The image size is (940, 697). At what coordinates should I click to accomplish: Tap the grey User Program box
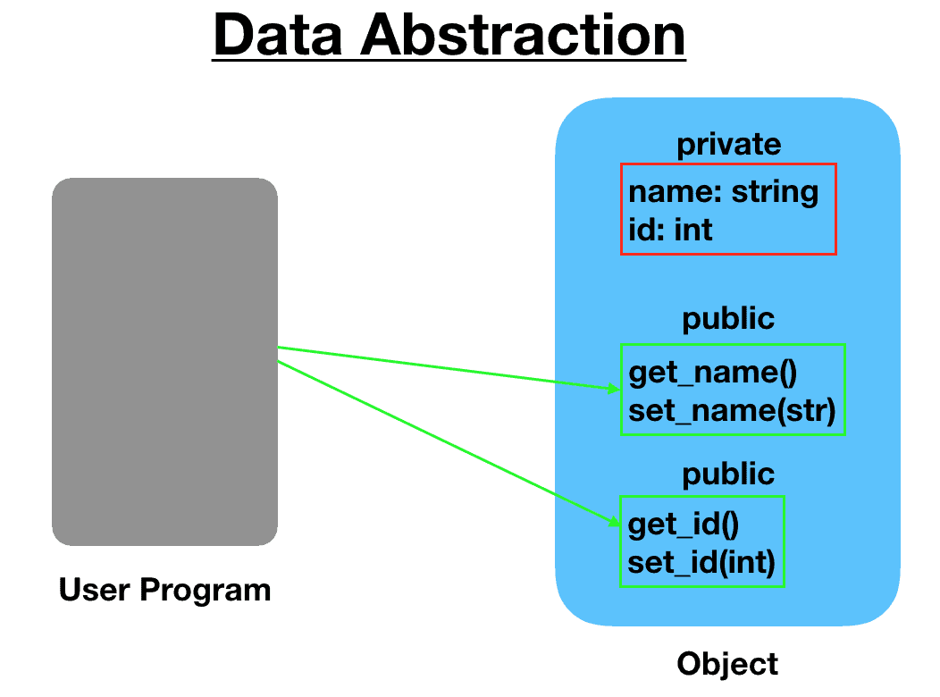point(164,362)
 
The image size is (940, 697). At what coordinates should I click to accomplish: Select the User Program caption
point(164,590)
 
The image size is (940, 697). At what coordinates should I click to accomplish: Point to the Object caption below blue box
point(727,664)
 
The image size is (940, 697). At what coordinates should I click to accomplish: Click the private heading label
point(728,144)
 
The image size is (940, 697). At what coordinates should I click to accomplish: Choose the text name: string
point(723,191)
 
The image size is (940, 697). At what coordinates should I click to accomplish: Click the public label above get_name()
point(728,319)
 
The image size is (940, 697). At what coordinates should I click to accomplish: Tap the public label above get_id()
point(728,474)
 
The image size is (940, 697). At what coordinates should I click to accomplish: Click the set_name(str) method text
point(731,411)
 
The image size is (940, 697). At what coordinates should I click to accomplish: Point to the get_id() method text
point(684,524)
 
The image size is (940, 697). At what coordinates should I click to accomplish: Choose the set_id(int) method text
point(701,563)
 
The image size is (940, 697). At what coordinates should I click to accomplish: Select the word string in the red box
point(773,191)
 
